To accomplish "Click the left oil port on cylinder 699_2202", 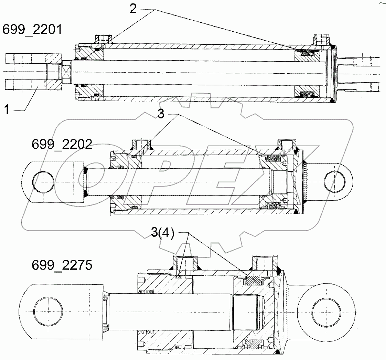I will pyautogui.click(x=142, y=144).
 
